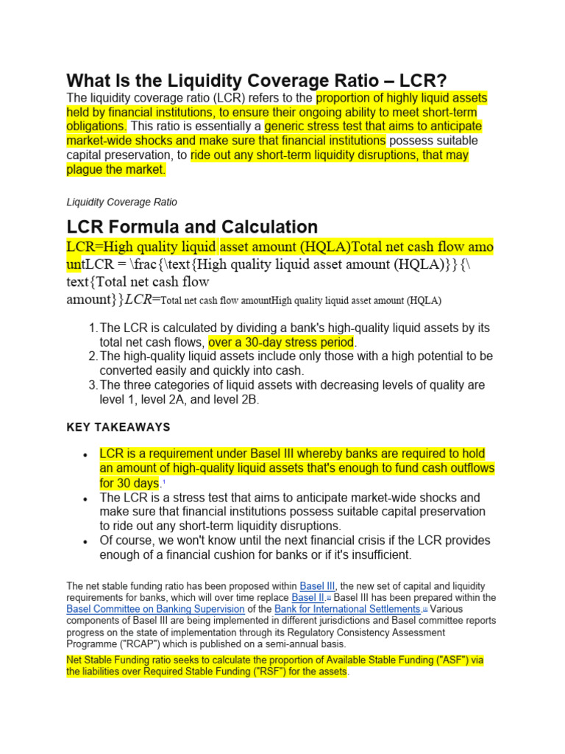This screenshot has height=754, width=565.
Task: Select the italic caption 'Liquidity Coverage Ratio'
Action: point(121,202)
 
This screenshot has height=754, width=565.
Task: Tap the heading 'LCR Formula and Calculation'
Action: point(192,227)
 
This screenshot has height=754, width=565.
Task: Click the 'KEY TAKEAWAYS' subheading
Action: point(118,427)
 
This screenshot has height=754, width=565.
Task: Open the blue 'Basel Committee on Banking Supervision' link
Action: point(155,609)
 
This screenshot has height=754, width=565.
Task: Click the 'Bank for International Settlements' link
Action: point(347,609)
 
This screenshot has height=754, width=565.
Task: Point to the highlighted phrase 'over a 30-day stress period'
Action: point(282,342)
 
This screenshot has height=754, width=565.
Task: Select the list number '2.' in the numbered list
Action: point(93,356)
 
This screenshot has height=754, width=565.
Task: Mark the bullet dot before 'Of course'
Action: point(87,541)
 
